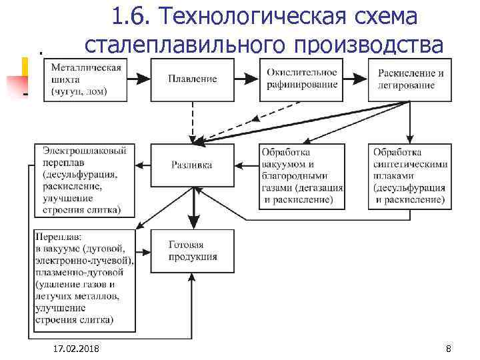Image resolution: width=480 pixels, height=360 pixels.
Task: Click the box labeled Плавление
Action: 192,79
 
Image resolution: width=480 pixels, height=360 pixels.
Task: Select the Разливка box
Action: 192,165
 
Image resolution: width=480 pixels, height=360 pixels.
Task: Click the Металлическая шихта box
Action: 83,79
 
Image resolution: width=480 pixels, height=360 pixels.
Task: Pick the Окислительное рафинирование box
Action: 301,79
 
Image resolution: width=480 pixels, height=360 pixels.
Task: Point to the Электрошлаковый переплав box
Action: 85,180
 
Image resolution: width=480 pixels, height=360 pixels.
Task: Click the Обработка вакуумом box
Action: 301,175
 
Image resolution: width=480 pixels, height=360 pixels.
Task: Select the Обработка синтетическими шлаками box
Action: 408,175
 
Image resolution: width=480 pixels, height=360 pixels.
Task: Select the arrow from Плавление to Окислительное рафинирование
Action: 246,79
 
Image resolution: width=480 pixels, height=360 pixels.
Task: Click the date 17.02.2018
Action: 74,349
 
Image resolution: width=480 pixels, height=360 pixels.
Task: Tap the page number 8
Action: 448,349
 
